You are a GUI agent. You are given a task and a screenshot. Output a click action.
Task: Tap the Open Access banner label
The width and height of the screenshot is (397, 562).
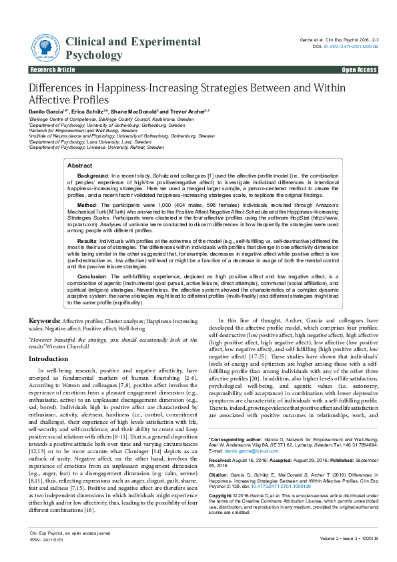coord(359,69)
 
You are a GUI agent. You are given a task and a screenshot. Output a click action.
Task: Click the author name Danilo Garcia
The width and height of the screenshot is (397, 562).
coord(46,110)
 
